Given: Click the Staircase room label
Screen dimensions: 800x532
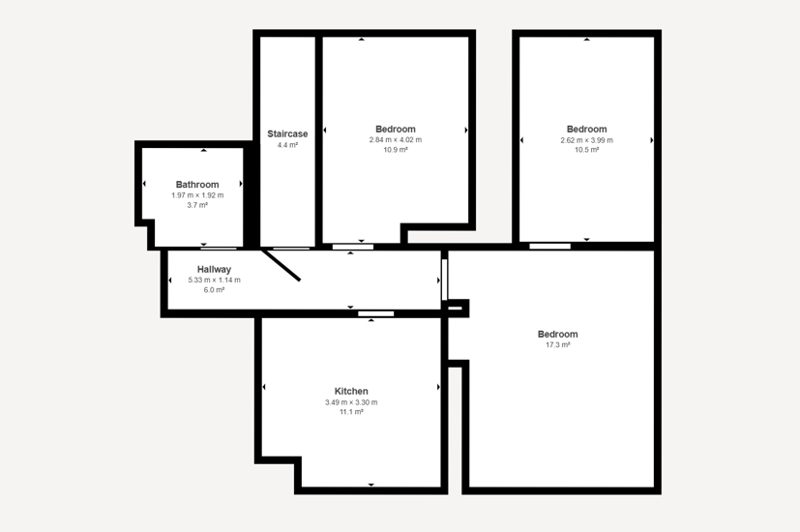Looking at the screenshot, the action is [x=287, y=133].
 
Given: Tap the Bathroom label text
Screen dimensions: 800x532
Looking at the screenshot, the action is [x=197, y=185].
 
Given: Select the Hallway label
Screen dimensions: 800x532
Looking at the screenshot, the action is [x=215, y=269].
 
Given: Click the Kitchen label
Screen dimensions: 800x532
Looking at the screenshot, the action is [x=351, y=391].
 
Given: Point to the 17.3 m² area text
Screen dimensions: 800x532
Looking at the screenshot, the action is [x=557, y=344].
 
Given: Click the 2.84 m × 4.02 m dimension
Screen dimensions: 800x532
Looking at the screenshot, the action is [x=396, y=139].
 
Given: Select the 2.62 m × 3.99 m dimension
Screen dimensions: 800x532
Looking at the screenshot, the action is [x=587, y=140].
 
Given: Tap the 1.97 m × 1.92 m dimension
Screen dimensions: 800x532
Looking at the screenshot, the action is [x=197, y=195].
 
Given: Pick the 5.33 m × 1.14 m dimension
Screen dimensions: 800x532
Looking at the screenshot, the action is [x=215, y=281].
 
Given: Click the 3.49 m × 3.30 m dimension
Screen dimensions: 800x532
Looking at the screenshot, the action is [x=351, y=402].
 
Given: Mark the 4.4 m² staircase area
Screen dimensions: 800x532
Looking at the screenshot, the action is [x=287, y=145].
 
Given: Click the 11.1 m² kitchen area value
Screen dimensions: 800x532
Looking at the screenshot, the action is [x=351, y=412].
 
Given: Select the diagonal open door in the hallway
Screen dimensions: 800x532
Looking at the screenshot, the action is [x=281, y=265].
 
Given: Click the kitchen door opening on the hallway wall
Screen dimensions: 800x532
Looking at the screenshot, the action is [x=376, y=313].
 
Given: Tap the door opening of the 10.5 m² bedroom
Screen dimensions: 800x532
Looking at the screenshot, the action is [x=550, y=247].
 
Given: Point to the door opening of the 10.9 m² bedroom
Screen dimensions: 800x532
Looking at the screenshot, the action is [x=353, y=247].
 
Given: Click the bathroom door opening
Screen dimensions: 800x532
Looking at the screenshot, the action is [x=219, y=249].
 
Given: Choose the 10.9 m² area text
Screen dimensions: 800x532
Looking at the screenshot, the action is [x=396, y=150].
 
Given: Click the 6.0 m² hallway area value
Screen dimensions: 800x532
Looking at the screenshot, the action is [x=215, y=290].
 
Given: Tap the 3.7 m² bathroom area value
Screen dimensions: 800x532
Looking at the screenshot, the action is [x=197, y=206].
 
